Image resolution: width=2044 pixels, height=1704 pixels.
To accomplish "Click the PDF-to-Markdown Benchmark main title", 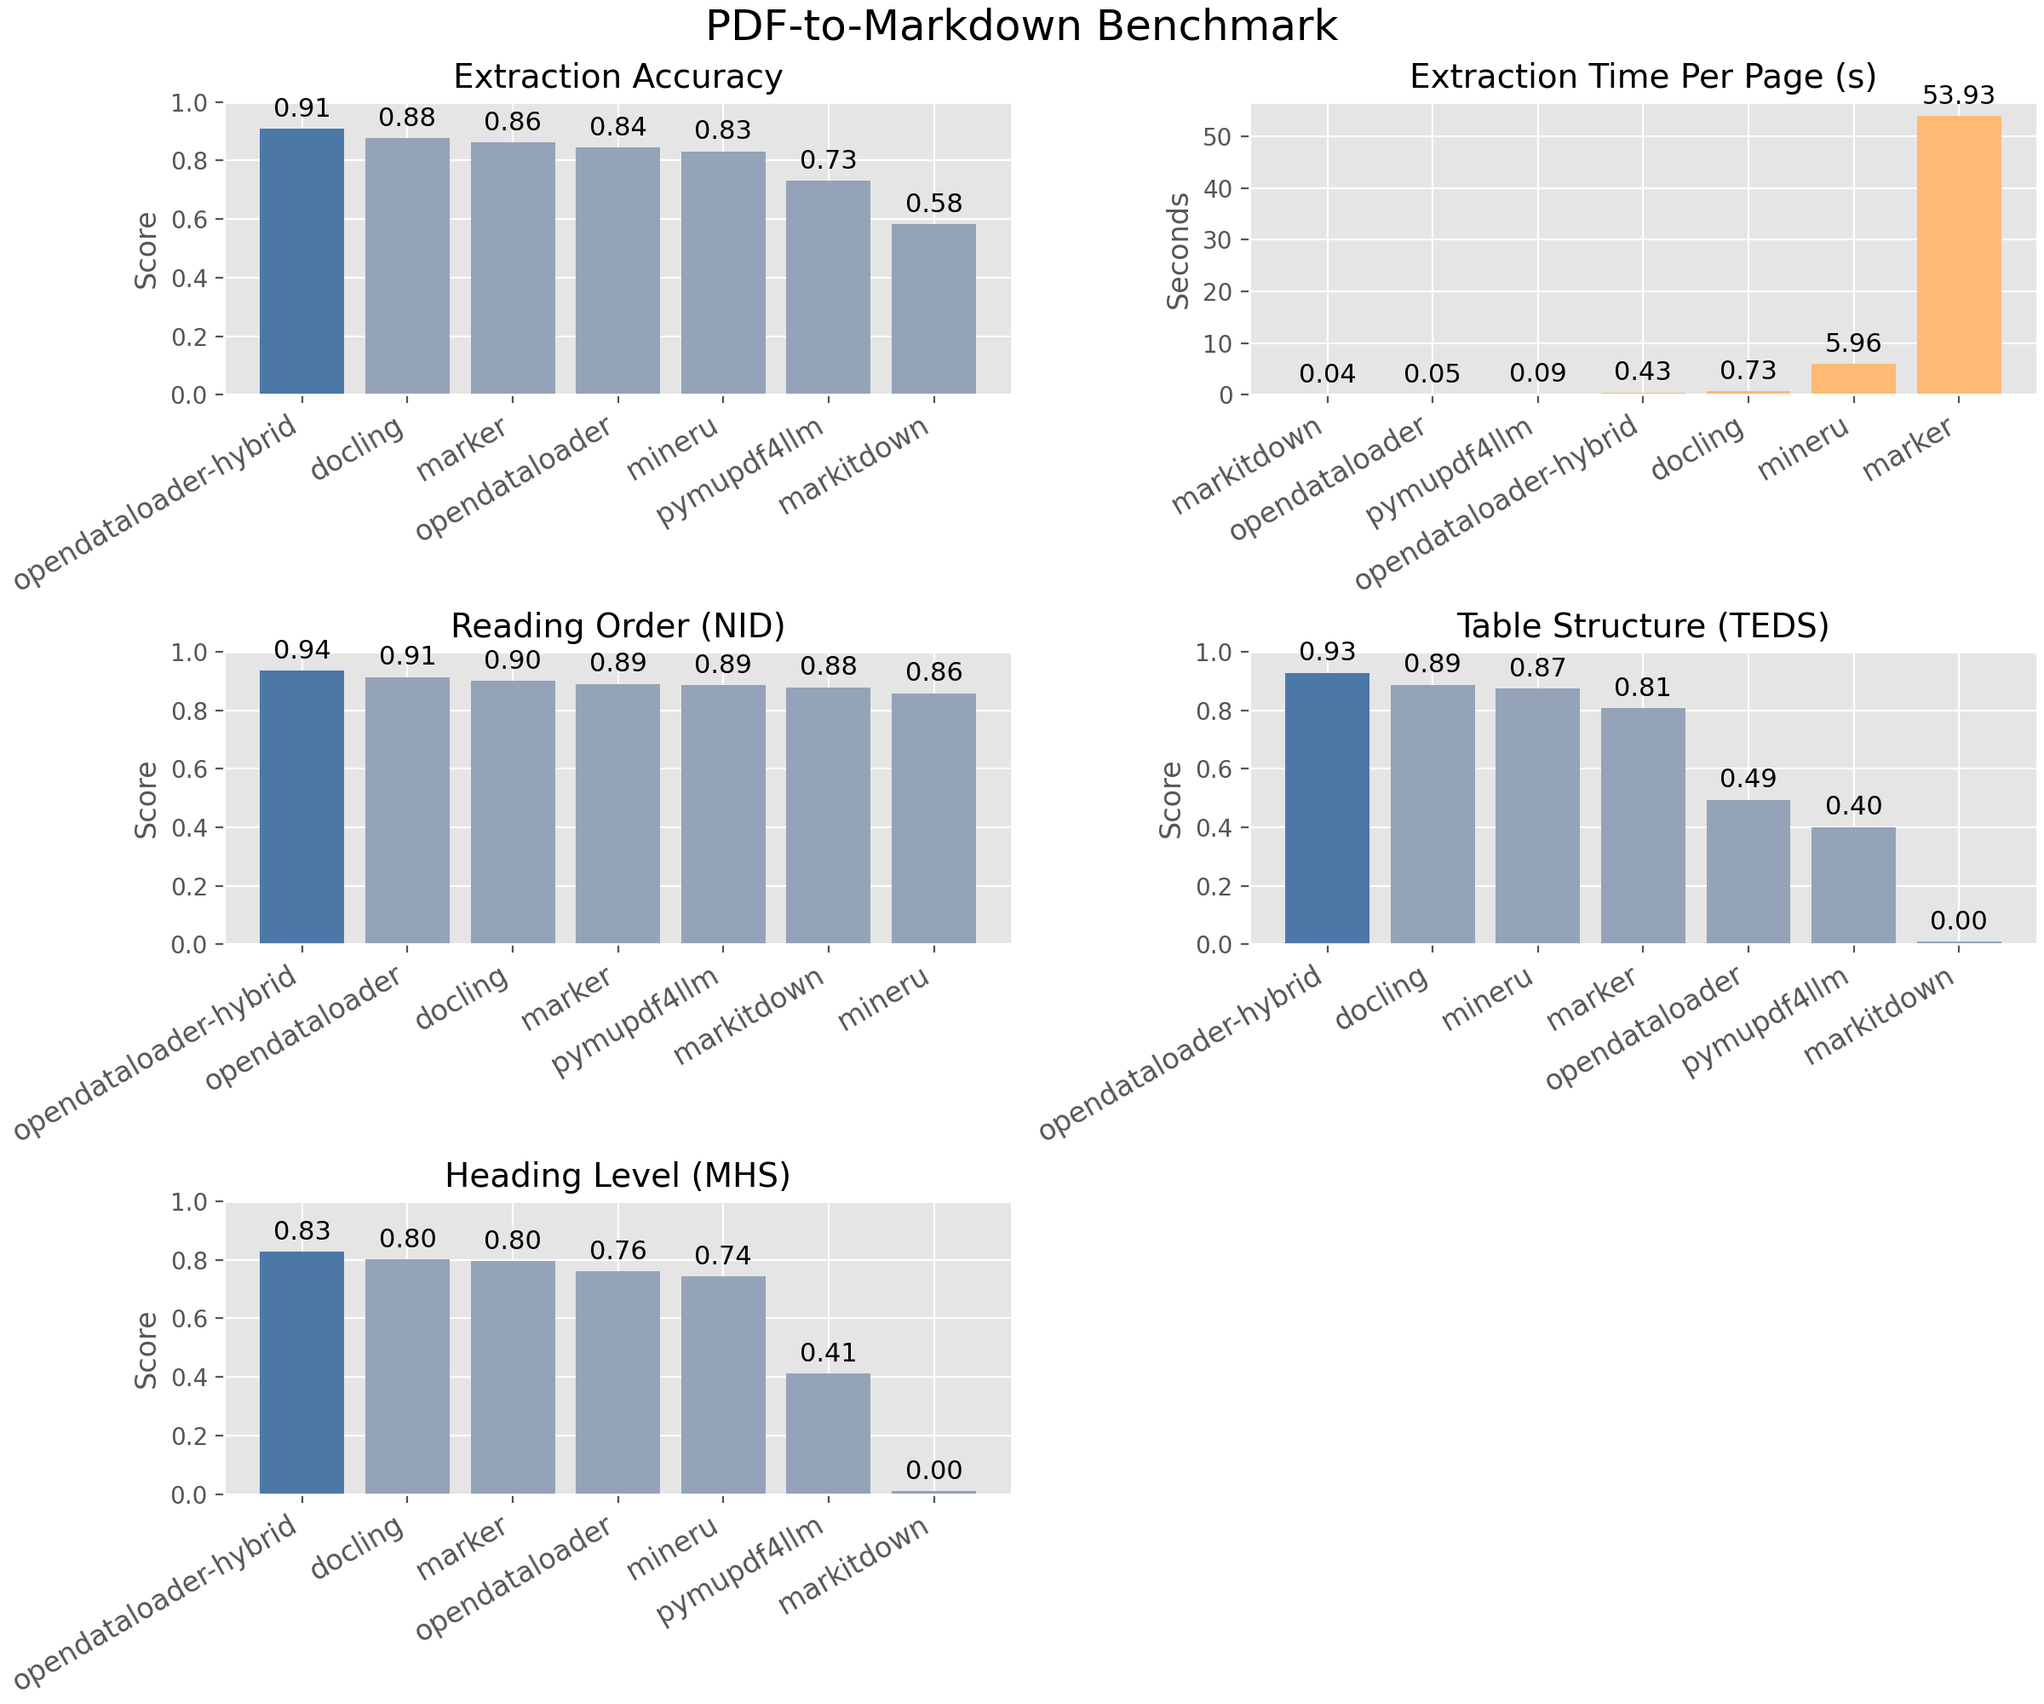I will coord(1021,26).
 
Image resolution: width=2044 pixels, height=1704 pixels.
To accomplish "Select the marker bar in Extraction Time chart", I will coord(1958,255).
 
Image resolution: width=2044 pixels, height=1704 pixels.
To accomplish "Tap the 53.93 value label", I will coord(1958,95).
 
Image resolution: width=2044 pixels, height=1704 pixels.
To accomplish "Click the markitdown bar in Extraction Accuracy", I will coord(933,309).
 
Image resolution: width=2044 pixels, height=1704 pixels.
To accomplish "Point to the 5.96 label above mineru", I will coord(1853,343).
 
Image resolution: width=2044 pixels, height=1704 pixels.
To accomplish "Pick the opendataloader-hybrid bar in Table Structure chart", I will coord(1327,809).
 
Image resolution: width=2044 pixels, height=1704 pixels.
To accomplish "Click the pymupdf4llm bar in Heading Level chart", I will coord(829,1433).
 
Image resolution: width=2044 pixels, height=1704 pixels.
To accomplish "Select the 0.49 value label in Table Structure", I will coord(1748,778).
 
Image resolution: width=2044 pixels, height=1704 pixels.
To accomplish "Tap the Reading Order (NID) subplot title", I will coord(618,625).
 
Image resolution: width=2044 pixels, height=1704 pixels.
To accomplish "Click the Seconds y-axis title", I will coord(1179,250).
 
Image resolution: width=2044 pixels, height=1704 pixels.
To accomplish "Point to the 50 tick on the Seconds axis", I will coord(1218,136).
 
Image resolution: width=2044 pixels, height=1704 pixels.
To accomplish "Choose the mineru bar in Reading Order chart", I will coord(933,818).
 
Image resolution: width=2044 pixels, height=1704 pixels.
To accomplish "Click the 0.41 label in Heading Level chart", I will coord(829,1352).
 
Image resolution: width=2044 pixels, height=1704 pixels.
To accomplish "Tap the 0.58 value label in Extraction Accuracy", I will coord(933,204).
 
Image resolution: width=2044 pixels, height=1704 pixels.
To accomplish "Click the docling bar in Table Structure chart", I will coord(1432,814).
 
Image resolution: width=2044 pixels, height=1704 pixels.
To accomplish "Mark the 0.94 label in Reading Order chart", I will coord(301,649).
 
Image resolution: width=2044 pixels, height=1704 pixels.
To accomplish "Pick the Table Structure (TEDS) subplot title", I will coord(1643,625).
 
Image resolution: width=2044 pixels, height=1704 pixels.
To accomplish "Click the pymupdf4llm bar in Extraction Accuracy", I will coord(829,287).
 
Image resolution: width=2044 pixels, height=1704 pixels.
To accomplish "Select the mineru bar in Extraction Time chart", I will coord(1853,379).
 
